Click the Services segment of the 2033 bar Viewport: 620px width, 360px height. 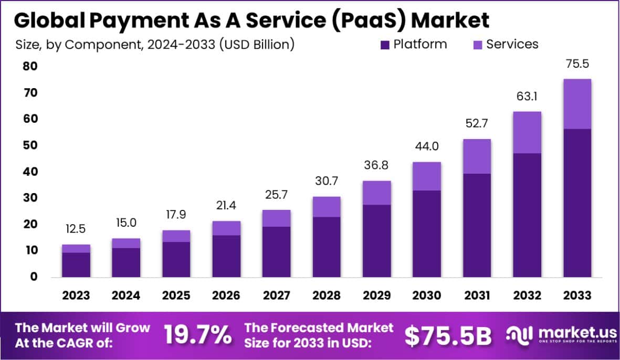click(577, 104)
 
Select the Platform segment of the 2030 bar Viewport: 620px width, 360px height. click(426, 234)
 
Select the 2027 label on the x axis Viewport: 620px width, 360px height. click(276, 295)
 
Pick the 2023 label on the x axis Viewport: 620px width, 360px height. click(76, 295)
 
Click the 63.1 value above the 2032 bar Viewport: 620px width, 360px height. click(527, 97)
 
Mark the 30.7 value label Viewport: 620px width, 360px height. click(326, 181)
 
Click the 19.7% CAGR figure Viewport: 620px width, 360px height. click(197, 335)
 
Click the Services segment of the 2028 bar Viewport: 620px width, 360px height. click(326, 207)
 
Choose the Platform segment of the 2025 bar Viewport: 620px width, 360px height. click(176, 259)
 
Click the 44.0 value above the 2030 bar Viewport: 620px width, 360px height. click(426, 147)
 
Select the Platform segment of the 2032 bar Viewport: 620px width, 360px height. click(527, 215)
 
